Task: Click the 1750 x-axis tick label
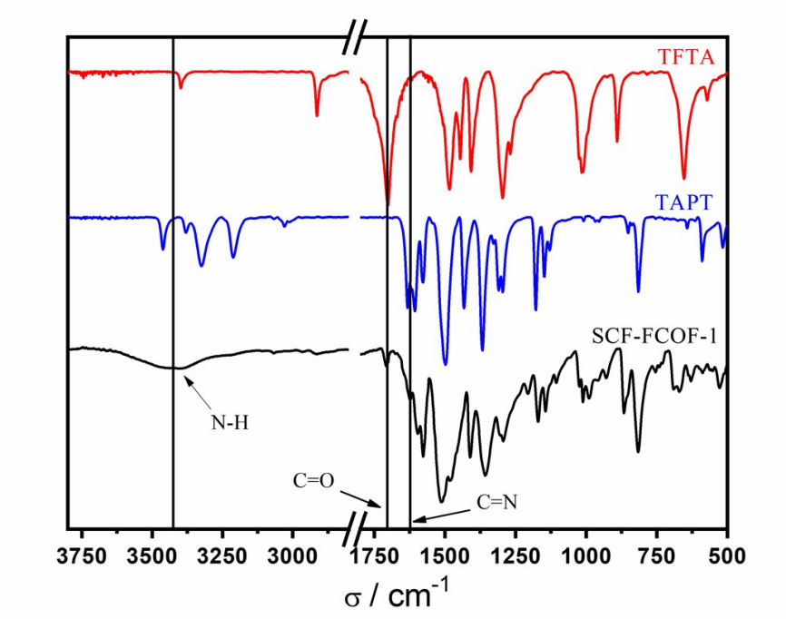[x=375, y=552]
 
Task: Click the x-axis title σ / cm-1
[x=396, y=594]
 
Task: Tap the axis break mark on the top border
[x=355, y=37]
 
